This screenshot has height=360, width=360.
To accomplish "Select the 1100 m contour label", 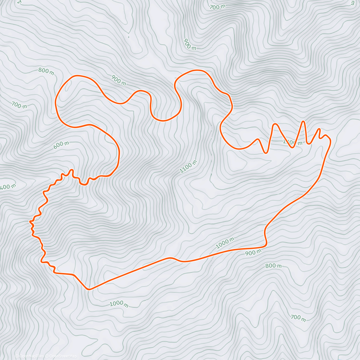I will [188, 167].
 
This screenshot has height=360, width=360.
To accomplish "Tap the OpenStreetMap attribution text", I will [63, 356].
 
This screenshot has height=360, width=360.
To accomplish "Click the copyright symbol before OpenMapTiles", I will [17, 356].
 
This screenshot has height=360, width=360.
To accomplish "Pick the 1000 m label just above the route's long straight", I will [225, 243].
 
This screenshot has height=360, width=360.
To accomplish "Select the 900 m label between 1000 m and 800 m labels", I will [253, 253].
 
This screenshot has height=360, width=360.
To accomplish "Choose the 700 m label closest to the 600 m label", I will [19, 105].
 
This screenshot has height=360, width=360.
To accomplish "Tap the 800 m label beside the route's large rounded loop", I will [46, 71].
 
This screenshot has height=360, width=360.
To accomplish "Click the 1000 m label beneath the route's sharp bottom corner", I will [119, 304].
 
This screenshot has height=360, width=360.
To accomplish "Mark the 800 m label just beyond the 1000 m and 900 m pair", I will [273, 266].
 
